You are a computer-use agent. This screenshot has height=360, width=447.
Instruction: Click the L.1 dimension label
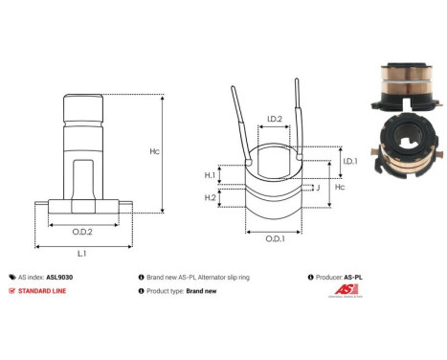81,252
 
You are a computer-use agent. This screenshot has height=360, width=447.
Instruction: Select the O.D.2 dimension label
82,230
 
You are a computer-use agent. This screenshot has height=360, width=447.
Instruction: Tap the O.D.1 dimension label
273,238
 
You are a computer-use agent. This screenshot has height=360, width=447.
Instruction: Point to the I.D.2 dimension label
273,120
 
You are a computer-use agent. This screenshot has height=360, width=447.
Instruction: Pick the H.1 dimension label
211,175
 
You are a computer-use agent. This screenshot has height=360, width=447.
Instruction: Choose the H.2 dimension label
211,197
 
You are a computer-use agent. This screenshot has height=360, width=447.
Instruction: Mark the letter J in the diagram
316,188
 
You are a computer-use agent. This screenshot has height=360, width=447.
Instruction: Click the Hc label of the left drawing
181,151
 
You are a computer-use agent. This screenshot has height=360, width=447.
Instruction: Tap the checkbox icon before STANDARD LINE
11,290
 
